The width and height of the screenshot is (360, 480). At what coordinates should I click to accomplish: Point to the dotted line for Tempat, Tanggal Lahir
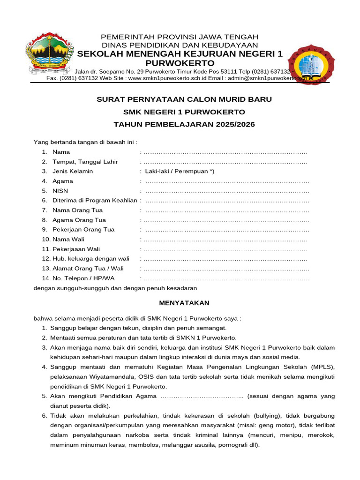pyautogui.click(x=225, y=162)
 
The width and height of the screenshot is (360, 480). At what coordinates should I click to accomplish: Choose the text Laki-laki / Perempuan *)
pyautogui.click(x=180, y=171)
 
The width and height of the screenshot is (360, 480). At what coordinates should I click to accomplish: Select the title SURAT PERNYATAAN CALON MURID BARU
pyautogui.click(x=184, y=99)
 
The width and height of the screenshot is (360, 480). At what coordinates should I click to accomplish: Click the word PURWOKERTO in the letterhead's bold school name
pyautogui.click(x=180, y=63)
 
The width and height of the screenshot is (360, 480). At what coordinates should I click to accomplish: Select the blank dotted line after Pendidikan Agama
pyautogui.click(x=202, y=396)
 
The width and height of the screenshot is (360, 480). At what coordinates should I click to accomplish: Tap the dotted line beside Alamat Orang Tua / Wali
pyautogui.click(x=226, y=269)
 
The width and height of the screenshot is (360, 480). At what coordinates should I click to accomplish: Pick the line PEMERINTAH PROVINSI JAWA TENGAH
pyautogui.click(x=180, y=37)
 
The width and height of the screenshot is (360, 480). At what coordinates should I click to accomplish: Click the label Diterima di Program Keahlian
pyautogui.click(x=95, y=200)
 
